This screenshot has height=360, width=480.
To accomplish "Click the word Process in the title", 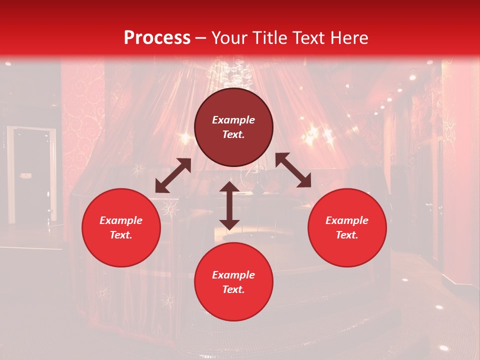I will tap(157, 38).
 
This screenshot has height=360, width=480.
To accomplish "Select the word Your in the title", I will tap(229, 38).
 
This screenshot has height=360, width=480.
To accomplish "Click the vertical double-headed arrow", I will tap(229, 205).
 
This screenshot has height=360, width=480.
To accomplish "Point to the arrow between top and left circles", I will tap(173, 175).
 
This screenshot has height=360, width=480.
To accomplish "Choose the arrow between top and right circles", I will tap(293, 170).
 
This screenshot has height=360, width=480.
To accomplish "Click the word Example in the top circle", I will tap(233, 120).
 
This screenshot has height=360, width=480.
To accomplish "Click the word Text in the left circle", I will tap(121, 235).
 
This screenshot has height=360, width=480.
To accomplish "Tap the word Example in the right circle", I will tap(347, 220).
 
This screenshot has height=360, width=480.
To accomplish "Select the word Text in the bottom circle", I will tap(233, 289).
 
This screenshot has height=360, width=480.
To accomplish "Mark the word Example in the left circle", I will tap(121, 220).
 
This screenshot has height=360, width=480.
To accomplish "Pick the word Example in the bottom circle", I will tap(233, 275).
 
